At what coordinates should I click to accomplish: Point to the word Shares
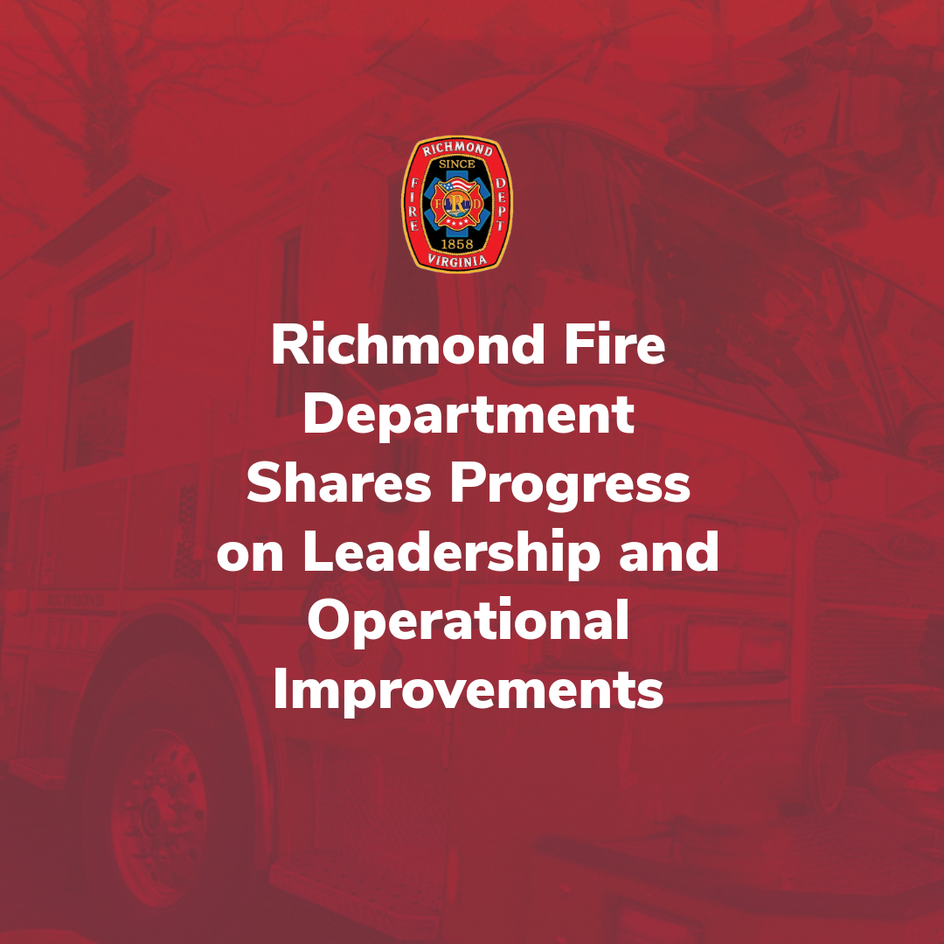click(338, 485)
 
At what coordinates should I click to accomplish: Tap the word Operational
click(469, 623)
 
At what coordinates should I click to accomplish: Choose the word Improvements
click(469, 691)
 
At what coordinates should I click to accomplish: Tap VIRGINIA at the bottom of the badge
click(457, 260)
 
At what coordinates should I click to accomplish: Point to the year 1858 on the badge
click(457, 243)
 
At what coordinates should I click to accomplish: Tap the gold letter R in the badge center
click(457, 203)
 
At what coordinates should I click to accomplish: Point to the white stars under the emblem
click(457, 226)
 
